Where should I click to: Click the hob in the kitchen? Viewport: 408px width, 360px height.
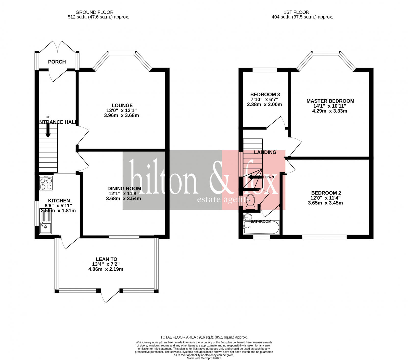pyautogui.click(x=46, y=183)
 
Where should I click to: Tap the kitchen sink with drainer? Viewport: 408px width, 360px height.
pyautogui.click(x=46, y=221)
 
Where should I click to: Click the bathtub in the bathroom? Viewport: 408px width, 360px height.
pyautogui.click(x=261, y=227)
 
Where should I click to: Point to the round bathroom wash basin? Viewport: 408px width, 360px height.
pyautogui.click(x=247, y=217)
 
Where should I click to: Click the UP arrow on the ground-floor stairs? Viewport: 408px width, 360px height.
pyautogui.click(x=48, y=132)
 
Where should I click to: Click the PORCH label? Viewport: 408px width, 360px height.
pyautogui.click(x=57, y=62)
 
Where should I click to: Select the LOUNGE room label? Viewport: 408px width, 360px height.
pyautogui.click(x=122, y=105)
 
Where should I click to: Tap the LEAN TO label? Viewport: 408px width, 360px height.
pyautogui.click(x=106, y=259)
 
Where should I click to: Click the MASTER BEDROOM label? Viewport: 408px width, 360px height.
pyautogui.click(x=330, y=101)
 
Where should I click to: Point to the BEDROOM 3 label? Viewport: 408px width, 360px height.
pyautogui.click(x=265, y=95)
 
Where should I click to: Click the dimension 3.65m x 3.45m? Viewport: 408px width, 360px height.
pyautogui.click(x=325, y=203)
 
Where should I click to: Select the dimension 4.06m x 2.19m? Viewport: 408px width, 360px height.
pyautogui.click(x=106, y=269)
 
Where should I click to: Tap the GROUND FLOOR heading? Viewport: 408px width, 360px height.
pyautogui.click(x=94, y=12)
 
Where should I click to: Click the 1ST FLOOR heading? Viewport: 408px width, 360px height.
pyautogui.click(x=296, y=12)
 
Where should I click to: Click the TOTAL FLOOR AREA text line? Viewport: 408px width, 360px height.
pyautogui.click(x=204, y=337)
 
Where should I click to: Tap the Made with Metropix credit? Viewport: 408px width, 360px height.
pyautogui.click(x=204, y=358)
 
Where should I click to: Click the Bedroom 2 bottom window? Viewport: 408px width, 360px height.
pyautogui.click(x=324, y=237)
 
